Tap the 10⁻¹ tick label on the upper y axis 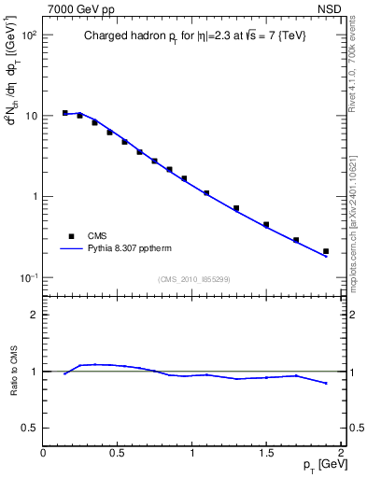pyautogui.click(x=28, y=278)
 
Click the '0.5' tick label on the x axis pyautogui.click(x=118, y=454)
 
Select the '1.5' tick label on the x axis pyautogui.click(x=266, y=454)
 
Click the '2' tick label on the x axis pyautogui.click(x=341, y=454)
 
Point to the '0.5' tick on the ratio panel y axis pyautogui.click(x=28, y=428)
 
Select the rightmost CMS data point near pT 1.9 pyautogui.click(x=326, y=251)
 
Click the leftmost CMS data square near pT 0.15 pyautogui.click(x=65, y=113)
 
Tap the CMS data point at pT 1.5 pyautogui.click(x=266, y=225)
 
